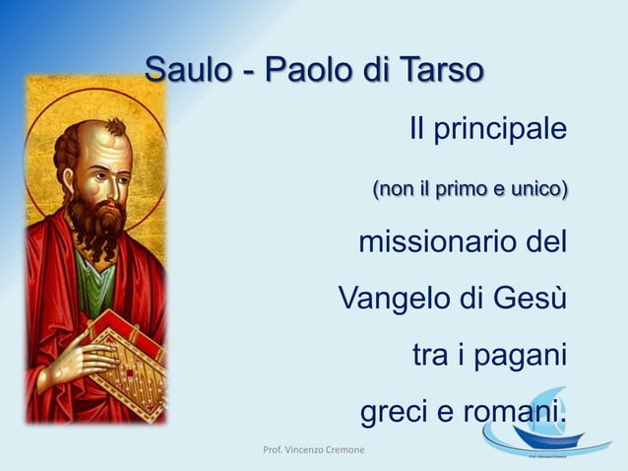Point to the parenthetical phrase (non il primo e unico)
click(x=469, y=187)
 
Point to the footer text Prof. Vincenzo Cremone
click(x=313, y=450)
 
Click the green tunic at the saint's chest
click(x=94, y=286)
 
